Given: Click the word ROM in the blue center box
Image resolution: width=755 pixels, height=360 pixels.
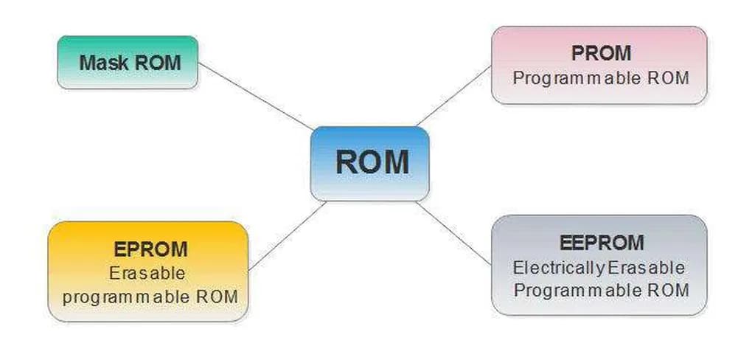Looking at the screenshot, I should pyautogui.click(x=372, y=162).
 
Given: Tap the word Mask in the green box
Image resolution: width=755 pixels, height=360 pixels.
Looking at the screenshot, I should pyautogui.click(x=103, y=63).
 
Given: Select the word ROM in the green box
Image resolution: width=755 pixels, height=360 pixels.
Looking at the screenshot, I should pyautogui.click(x=156, y=63).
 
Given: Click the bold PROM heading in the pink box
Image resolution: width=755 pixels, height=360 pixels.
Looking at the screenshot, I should pyautogui.click(x=601, y=54).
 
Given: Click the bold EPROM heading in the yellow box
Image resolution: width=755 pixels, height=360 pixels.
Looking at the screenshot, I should pyautogui.click(x=150, y=249).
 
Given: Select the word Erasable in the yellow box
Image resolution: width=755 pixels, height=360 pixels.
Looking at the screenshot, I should pyautogui.click(x=147, y=273).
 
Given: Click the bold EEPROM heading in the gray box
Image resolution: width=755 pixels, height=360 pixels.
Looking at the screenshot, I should pyautogui.click(x=601, y=243).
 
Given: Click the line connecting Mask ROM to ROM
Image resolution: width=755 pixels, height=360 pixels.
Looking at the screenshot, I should pyautogui.click(x=255, y=96).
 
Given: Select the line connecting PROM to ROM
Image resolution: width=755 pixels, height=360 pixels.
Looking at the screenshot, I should pyautogui.click(x=453, y=96).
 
